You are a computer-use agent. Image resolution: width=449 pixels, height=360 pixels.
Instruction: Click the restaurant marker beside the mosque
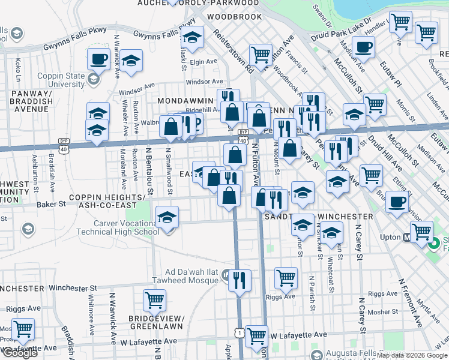[240, 280]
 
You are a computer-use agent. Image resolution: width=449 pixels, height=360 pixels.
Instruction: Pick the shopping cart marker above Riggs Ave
[286, 277]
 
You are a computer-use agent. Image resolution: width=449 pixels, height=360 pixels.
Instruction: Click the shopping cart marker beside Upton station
[421, 230]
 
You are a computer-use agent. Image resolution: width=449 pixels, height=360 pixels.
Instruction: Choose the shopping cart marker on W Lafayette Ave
[256, 335]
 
